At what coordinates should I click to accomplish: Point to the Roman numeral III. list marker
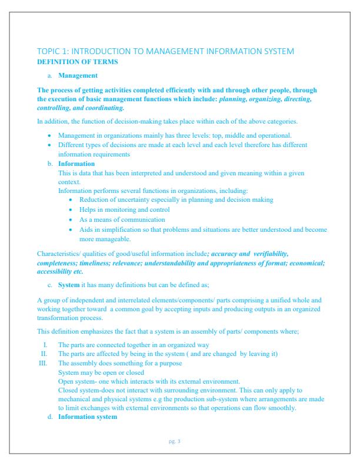click(42, 364)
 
